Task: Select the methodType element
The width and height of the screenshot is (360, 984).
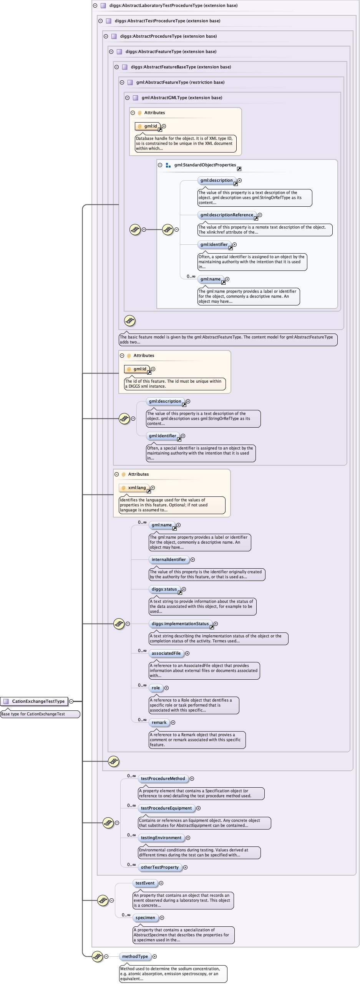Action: (x=135, y=956)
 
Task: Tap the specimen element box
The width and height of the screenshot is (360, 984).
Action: (x=145, y=918)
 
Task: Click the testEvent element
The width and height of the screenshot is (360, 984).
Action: (x=145, y=883)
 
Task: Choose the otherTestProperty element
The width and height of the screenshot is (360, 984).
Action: (x=159, y=867)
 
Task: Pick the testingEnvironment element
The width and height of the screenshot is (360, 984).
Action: (x=161, y=838)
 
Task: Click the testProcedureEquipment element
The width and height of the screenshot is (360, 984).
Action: (x=166, y=808)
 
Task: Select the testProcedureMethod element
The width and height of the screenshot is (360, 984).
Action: (x=163, y=778)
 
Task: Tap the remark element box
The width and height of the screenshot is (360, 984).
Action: (x=159, y=722)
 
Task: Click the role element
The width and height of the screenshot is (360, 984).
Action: (x=156, y=688)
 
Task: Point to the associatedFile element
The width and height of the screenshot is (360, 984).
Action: (x=166, y=653)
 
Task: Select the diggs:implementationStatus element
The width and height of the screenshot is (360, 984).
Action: (x=180, y=624)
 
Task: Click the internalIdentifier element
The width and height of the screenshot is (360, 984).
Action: (x=168, y=559)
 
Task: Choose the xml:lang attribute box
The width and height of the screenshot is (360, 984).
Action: (x=137, y=488)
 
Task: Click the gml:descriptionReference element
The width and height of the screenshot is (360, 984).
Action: (x=227, y=215)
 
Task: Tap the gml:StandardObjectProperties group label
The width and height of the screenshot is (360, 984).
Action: (x=205, y=165)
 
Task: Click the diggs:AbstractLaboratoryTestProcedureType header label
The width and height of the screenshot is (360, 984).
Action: (x=173, y=5)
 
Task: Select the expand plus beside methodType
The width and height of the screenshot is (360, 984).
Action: (x=155, y=956)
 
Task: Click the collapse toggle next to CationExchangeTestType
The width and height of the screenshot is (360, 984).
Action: (x=71, y=701)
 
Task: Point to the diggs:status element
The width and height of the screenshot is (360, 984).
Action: (x=164, y=589)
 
